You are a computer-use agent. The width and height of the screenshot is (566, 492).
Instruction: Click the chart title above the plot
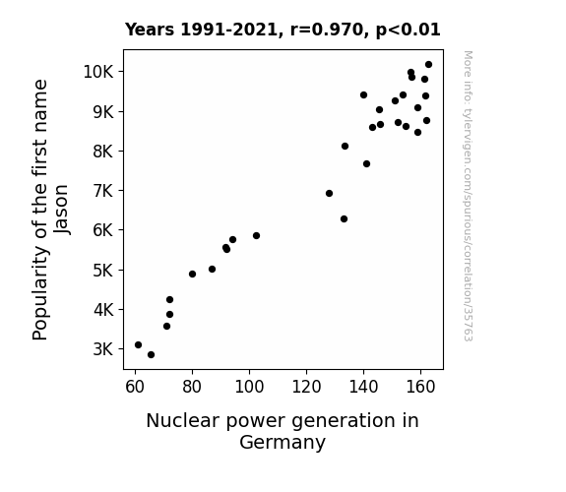pos(283,30)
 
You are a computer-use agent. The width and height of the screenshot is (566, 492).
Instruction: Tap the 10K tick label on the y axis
pos(98,72)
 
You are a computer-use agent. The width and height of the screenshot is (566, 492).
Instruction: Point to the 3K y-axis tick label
pos(103,349)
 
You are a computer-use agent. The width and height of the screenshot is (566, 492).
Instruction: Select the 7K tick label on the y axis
pos(103,191)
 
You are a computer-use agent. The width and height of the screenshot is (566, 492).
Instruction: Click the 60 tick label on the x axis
pos(135,387)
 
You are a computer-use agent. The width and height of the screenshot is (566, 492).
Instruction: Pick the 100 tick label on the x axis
pos(249,387)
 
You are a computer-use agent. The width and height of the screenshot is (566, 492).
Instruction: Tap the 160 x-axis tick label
pos(420,387)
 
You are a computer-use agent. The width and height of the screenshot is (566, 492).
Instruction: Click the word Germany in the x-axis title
pos(283,442)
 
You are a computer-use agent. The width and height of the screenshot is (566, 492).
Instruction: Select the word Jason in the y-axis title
pos(62,210)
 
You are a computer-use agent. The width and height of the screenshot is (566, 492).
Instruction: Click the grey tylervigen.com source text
pos(468,196)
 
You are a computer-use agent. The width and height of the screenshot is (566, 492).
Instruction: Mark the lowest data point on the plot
pos(151,355)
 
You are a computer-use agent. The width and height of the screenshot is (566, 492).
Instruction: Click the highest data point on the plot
pos(428,65)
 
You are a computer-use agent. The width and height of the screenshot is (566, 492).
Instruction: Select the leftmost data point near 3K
pos(138,344)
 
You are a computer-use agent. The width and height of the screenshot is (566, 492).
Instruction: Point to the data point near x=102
pos(256,236)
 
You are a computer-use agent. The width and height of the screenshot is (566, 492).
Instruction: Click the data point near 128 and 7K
pos(329,194)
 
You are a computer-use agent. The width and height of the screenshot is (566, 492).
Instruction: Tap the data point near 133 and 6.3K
pos(344,219)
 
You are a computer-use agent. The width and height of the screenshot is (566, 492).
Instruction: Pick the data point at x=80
pos(192,274)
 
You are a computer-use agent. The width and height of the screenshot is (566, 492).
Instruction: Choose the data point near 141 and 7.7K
pos(366,164)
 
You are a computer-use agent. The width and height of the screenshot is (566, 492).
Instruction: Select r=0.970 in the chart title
pos(327,30)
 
